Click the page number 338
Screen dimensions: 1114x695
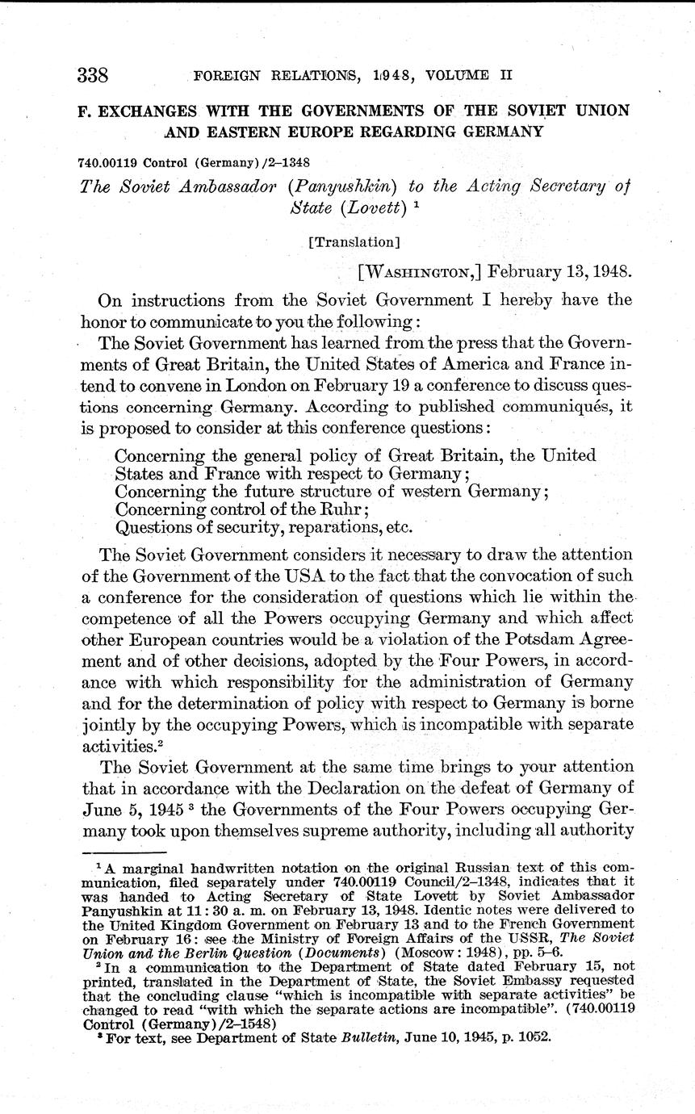point(93,76)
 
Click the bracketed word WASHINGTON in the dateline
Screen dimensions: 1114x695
point(420,270)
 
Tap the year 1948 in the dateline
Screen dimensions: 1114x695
point(601,270)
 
